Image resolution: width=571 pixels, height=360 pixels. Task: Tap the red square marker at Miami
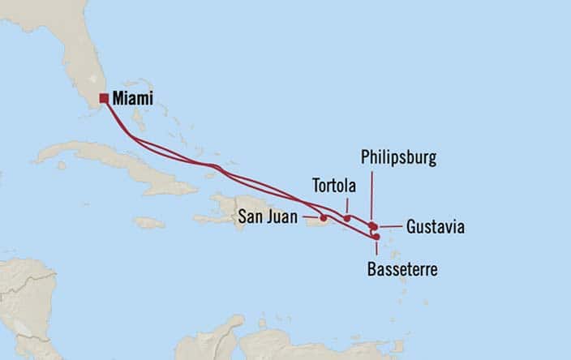pos(104,99)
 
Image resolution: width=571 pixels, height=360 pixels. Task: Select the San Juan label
pos(266,216)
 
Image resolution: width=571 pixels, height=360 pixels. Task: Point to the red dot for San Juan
pos(324,217)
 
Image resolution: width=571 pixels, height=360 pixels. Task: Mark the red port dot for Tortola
pos(347,217)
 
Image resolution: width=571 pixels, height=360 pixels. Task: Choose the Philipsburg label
pos(398,158)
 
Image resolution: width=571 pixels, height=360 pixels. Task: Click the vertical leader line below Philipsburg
pos(371,195)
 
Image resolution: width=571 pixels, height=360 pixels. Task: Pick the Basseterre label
pos(401,269)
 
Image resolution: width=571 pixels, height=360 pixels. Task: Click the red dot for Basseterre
pos(376,236)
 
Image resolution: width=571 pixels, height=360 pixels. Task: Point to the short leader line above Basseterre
pos(376,247)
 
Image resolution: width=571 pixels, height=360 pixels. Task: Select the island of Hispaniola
pos(239,207)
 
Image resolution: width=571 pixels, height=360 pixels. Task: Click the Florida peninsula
pos(81,57)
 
